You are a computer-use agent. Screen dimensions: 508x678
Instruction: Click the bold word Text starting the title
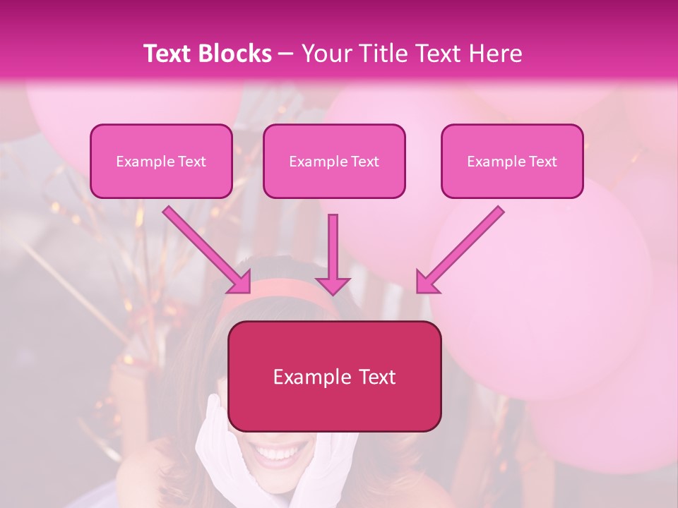point(169,54)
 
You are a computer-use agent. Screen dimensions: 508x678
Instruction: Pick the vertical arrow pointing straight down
point(333,254)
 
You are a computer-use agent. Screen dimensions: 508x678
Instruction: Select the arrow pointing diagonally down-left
point(460,249)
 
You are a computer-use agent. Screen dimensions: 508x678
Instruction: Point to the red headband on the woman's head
point(282,291)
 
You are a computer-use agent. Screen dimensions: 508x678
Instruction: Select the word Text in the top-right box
point(543,162)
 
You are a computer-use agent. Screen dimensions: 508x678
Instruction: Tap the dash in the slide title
point(286,54)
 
